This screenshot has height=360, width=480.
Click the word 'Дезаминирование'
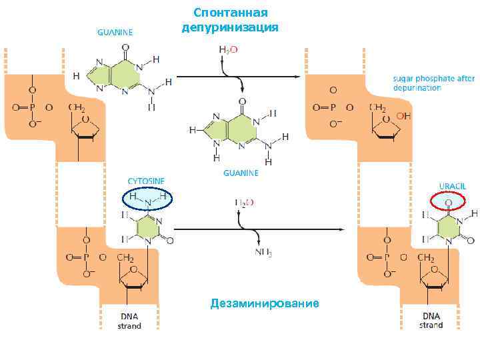coord(265,304)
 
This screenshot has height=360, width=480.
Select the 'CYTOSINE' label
coord(147,181)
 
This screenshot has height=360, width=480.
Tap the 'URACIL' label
coord(451,185)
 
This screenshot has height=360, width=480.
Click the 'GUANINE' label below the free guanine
coord(241,173)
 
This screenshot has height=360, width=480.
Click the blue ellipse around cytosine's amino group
coord(147,199)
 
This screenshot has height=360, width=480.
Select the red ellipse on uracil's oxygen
coord(449,201)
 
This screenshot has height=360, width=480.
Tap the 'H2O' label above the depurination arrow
coord(229,49)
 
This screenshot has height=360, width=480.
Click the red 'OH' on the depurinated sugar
coord(404,115)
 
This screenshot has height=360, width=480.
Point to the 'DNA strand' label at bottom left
coord(129,321)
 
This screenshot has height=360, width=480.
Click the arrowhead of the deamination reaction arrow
coord(341,231)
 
